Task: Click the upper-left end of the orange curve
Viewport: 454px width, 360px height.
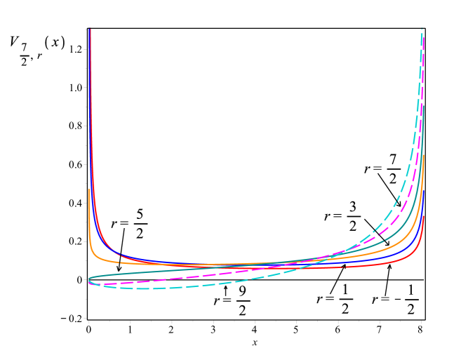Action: click(89, 189)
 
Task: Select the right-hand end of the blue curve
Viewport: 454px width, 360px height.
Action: click(424, 191)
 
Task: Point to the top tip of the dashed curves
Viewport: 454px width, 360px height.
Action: click(422, 29)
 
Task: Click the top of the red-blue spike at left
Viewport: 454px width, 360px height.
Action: click(90, 29)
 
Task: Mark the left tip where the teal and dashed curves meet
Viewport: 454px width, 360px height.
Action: click(89, 280)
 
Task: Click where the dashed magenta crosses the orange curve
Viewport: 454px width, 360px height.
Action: click(316, 260)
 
